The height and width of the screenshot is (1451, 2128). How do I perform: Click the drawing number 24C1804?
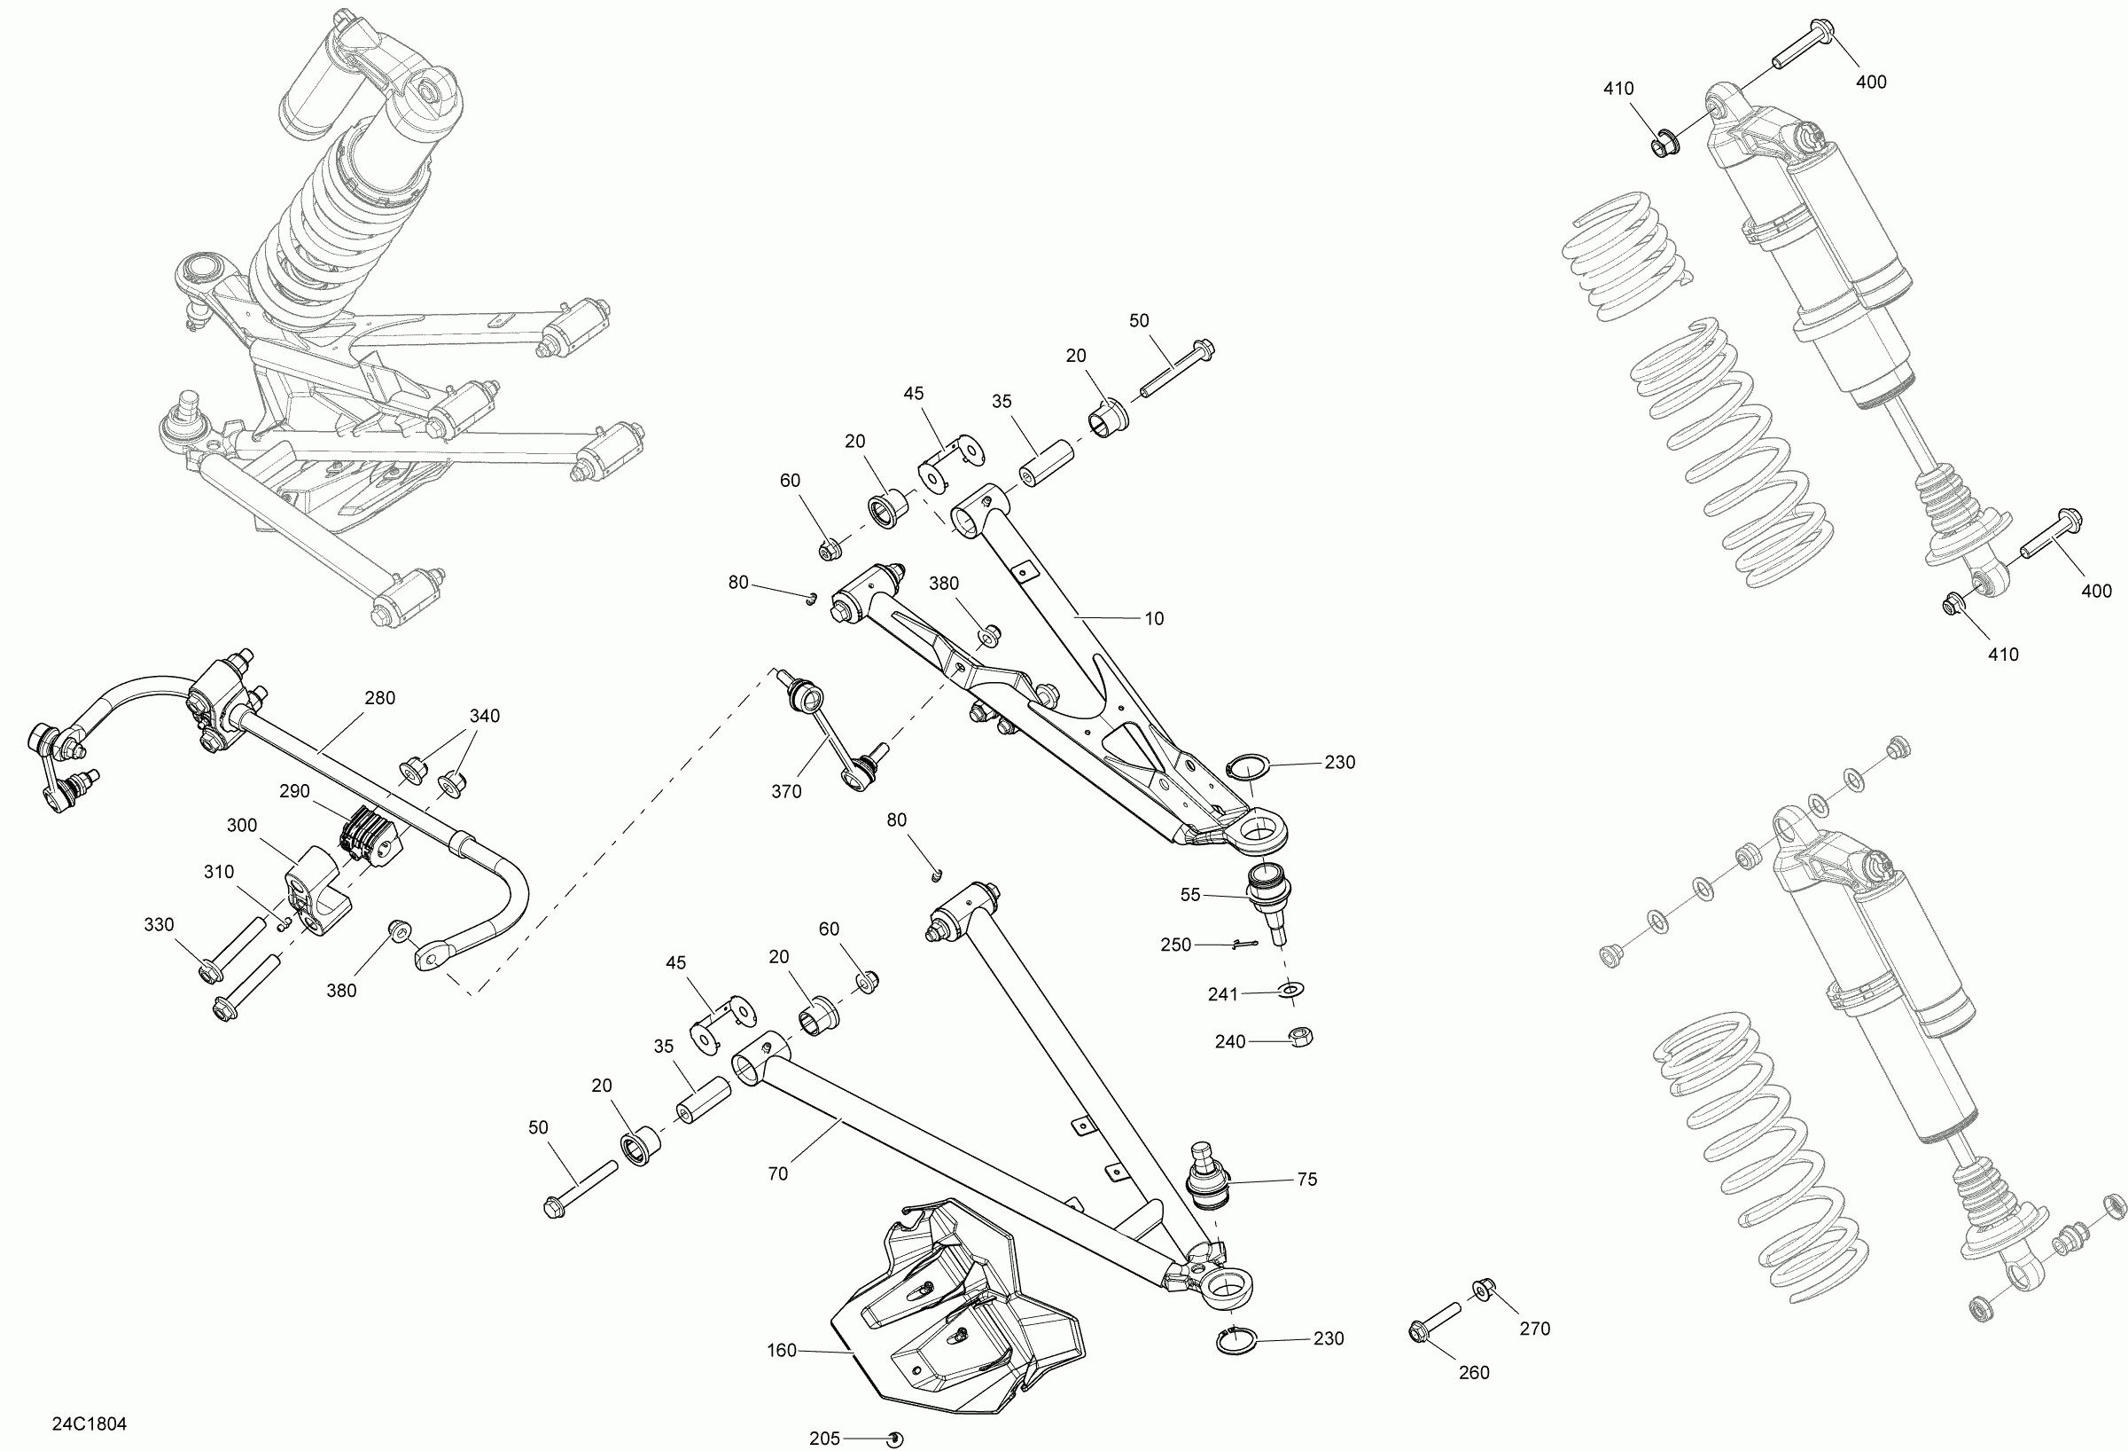[89, 1424]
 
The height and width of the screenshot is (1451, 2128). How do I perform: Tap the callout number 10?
[1154, 619]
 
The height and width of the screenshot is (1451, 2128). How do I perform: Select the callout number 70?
[777, 1173]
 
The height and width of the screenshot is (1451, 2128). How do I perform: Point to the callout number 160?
[781, 1350]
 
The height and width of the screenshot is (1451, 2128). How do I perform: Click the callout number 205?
[824, 1439]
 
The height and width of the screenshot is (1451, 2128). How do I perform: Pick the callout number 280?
[380, 698]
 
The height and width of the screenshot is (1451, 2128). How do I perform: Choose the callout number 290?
[294, 790]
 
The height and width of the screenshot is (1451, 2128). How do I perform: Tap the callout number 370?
[785, 791]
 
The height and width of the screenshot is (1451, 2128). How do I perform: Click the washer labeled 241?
[1291, 990]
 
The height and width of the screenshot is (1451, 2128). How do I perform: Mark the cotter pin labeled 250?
[1245, 944]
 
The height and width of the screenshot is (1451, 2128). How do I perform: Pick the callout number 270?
[1535, 1329]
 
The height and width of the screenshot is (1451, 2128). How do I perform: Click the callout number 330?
[159, 924]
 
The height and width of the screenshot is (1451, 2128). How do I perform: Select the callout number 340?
[485, 716]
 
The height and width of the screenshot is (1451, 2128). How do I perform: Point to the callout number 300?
[242, 826]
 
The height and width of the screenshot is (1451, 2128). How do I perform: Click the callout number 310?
[219, 872]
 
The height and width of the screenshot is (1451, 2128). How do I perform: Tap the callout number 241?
[1222, 994]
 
